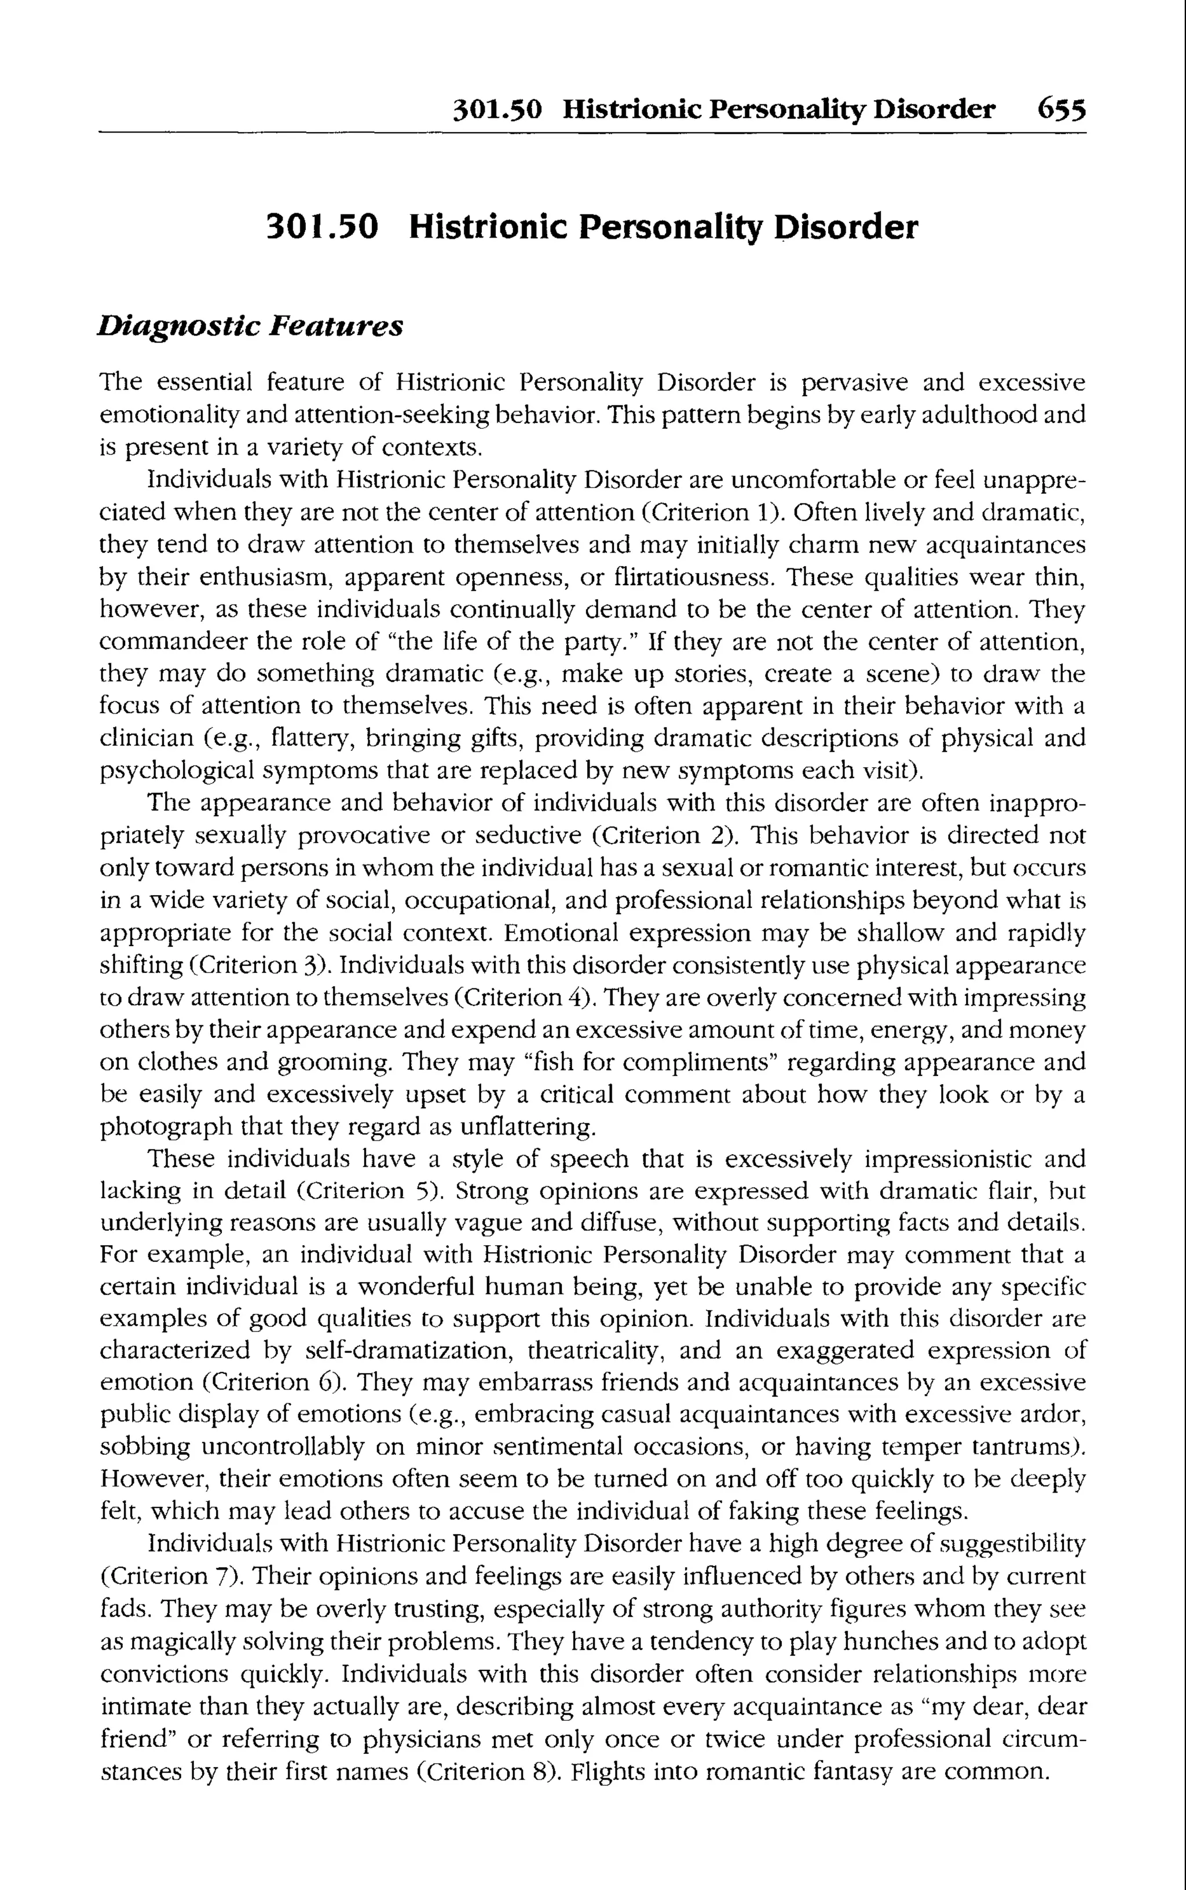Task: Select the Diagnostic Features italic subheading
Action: tap(250, 326)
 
